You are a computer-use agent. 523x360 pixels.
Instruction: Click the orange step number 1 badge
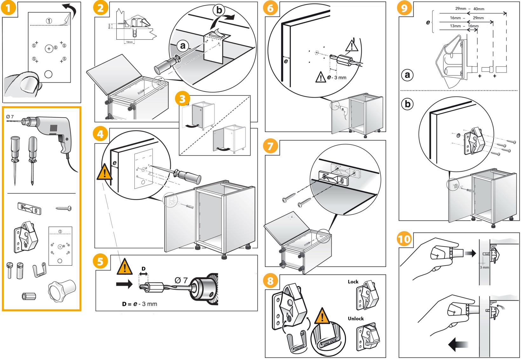[x=9, y=8]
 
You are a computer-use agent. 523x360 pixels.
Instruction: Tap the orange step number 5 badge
[x=100, y=261]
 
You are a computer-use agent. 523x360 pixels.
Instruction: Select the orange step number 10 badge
[x=404, y=239]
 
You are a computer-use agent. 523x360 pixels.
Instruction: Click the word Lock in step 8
[x=353, y=282]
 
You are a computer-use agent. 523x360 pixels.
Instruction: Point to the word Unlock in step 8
[x=356, y=319]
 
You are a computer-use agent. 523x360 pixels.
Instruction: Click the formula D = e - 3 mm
[x=139, y=304]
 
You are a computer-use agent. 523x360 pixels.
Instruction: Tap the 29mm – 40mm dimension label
[x=470, y=9]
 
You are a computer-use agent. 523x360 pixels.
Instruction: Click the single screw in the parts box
[x=64, y=208]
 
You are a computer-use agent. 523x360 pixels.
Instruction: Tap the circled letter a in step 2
[x=183, y=46]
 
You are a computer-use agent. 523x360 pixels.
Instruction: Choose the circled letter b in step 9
[x=407, y=104]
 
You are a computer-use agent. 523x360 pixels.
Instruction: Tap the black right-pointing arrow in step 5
[x=124, y=284]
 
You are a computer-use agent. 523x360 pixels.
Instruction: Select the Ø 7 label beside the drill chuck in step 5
[x=181, y=280]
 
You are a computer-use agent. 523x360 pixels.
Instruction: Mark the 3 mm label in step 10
[x=484, y=267]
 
